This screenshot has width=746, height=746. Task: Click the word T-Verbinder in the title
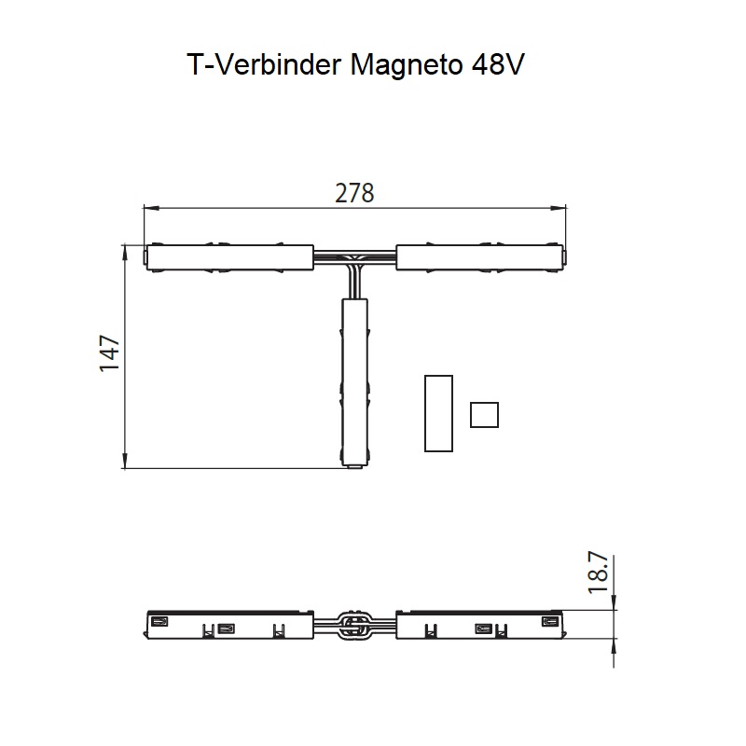[x=264, y=63]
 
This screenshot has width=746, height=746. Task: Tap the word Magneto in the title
[x=407, y=65]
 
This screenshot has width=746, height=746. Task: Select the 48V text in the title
[x=498, y=63]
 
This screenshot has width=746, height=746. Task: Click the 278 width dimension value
[x=354, y=193]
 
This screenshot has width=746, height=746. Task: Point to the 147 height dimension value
[x=109, y=353]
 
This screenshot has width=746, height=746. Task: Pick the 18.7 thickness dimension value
[x=599, y=573]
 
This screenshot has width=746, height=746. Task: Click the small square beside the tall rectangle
[x=484, y=415]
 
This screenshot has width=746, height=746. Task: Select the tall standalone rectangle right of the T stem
[x=438, y=413]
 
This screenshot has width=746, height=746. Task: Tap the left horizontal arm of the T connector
[x=229, y=257]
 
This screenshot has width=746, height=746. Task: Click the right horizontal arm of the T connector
[x=480, y=257]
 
